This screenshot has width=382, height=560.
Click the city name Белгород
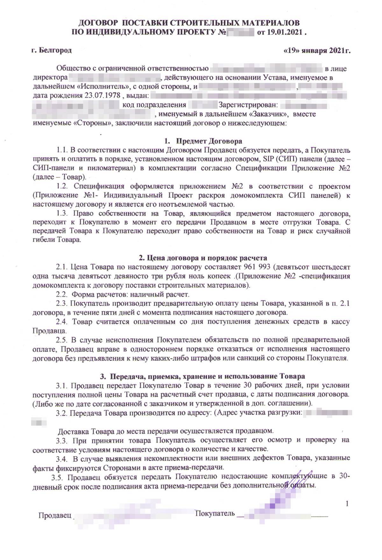56,50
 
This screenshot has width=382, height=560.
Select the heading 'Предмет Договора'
209,141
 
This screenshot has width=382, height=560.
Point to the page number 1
347,503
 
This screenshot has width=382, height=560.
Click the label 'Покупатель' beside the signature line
215,513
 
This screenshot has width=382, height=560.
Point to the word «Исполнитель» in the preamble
97,86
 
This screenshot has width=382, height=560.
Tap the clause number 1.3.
62,213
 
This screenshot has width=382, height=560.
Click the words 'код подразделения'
154,105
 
